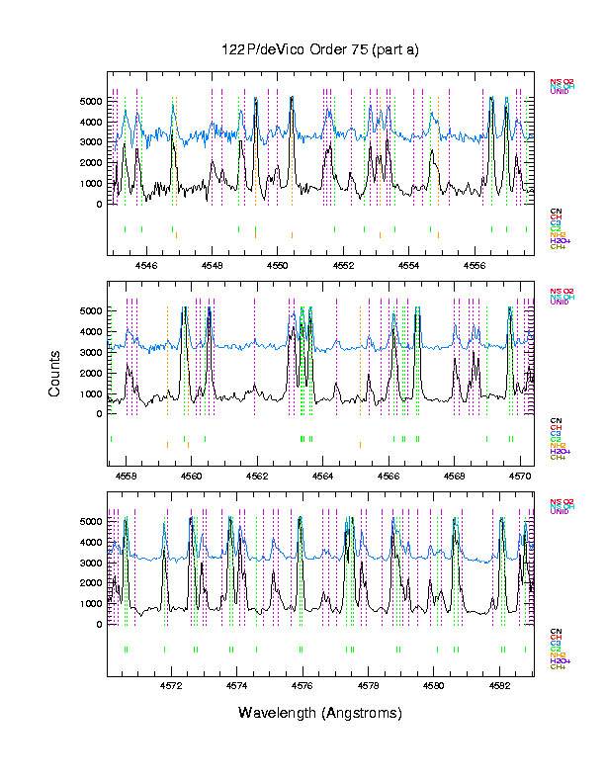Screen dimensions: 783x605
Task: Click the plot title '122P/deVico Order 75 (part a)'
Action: click(320, 49)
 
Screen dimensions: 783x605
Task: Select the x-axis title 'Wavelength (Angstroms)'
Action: click(320, 713)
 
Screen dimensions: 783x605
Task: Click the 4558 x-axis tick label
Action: click(126, 475)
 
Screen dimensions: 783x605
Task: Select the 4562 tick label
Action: click(257, 475)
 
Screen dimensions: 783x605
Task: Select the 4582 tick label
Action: click(499, 685)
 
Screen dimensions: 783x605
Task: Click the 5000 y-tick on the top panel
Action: click(91, 101)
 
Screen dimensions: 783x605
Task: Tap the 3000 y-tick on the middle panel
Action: click(91, 352)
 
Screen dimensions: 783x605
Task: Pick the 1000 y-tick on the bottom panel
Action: click(91, 603)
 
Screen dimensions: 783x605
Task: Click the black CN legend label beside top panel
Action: click(556, 212)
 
